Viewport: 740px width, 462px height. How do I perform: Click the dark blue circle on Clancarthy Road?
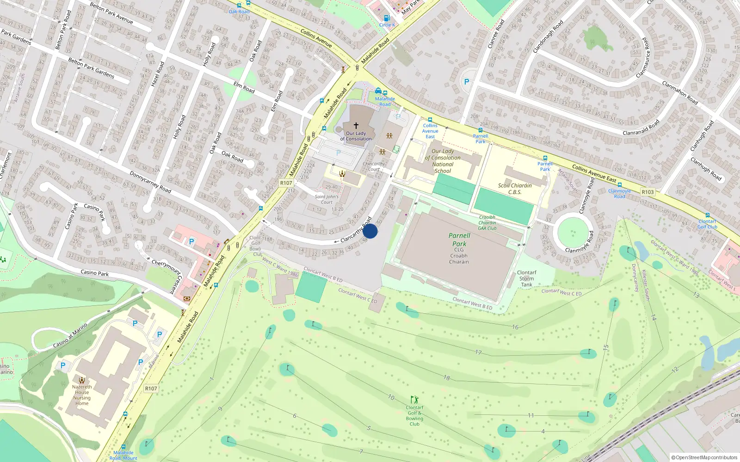(x=370, y=231)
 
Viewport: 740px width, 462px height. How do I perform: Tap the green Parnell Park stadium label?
(x=459, y=239)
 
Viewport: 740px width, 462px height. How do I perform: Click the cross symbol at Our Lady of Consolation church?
(x=356, y=125)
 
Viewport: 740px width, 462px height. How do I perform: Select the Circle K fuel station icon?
(x=387, y=18)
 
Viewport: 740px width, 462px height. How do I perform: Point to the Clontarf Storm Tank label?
(x=526, y=279)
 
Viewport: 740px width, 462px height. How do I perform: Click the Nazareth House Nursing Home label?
(x=82, y=395)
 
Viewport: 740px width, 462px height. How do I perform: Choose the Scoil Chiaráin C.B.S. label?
(x=515, y=188)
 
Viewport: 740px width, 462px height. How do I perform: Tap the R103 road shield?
(x=647, y=192)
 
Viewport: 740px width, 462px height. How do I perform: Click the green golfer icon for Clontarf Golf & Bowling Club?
(x=414, y=399)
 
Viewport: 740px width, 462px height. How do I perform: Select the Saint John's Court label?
(x=327, y=199)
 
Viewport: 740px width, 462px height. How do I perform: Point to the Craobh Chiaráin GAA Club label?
(x=487, y=223)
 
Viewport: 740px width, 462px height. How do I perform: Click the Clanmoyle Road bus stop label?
(x=619, y=194)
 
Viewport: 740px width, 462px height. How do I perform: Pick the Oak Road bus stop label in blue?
(x=239, y=12)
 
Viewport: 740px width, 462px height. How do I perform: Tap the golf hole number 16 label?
(x=515, y=327)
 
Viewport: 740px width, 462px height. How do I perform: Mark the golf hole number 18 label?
(x=446, y=377)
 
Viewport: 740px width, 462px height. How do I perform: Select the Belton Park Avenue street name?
(x=111, y=13)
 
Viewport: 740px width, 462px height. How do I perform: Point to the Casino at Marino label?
(x=70, y=336)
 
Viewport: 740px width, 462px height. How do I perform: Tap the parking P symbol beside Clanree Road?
(x=467, y=82)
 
